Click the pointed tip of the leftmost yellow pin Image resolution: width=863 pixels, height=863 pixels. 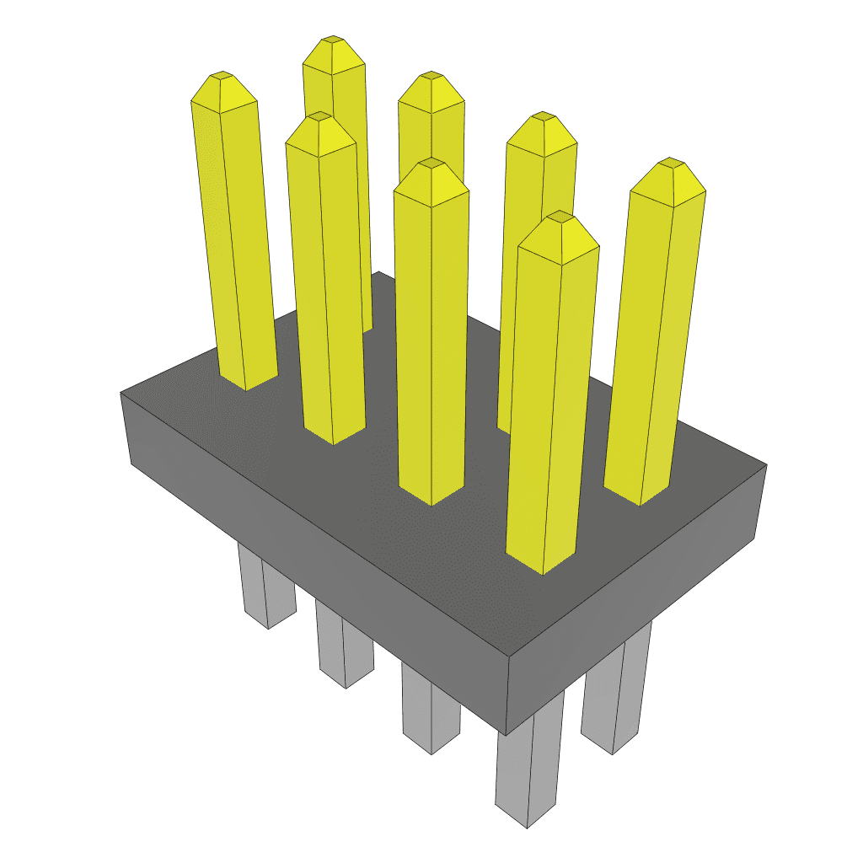pyautogui.click(x=222, y=76)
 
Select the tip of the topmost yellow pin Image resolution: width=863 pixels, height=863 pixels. pyautogui.click(x=334, y=41)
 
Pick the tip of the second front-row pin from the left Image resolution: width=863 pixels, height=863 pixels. pyautogui.click(x=319, y=118)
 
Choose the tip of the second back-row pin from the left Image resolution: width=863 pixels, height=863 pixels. pyautogui.click(x=431, y=76)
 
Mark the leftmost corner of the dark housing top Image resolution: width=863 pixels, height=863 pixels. pyautogui.click(x=121, y=393)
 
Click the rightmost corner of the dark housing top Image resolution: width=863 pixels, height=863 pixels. pyautogui.click(x=766, y=464)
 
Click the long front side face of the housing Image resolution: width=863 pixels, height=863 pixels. pyautogui.click(x=320, y=556)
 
